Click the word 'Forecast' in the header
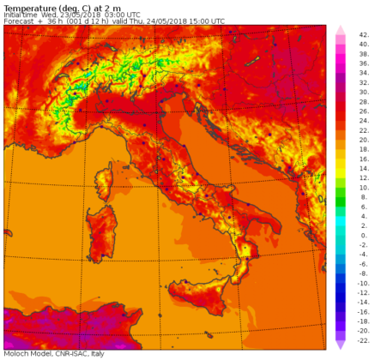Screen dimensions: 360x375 click(x=19, y=21)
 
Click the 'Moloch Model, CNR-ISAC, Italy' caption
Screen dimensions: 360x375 click(x=53, y=354)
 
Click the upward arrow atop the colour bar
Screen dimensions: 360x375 click(x=340, y=30)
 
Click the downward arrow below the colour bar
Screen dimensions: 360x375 click(x=340, y=344)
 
